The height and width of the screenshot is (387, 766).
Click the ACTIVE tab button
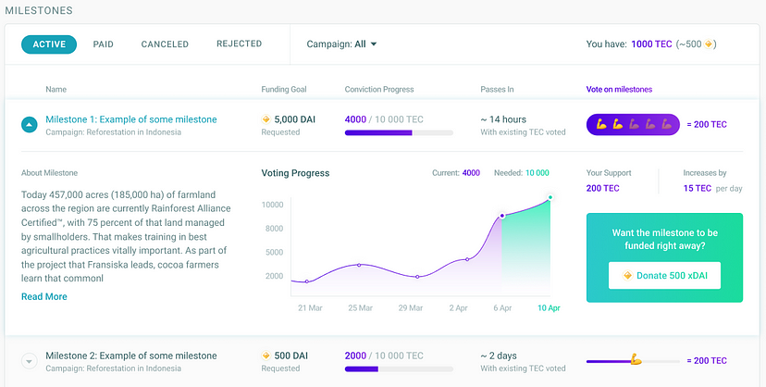pos(49,44)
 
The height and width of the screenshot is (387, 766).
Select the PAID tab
pos(104,44)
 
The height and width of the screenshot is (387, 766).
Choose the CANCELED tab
pos(165,44)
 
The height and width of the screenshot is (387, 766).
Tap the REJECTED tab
pos(239,44)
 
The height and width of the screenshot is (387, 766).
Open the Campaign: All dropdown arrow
pos(374,44)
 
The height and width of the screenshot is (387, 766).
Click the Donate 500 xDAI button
pos(664,275)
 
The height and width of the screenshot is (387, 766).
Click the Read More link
pos(44,296)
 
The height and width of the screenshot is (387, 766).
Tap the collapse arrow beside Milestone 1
pos(29,124)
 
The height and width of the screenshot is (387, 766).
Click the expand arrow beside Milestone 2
pos(29,361)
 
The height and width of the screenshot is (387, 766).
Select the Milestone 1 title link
pos(130,119)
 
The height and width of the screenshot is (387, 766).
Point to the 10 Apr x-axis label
pos(549,307)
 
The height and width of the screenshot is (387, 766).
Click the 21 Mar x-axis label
pos(309,307)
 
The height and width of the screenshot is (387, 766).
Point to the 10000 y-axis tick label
pos(271,205)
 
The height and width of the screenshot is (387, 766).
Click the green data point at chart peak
pos(550,197)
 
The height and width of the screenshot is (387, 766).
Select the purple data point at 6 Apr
pos(501,216)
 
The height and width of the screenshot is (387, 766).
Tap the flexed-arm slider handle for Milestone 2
pos(635,360)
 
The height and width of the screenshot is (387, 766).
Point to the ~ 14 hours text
pos(503,119)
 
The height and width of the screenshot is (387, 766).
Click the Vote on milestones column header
pos(619,90)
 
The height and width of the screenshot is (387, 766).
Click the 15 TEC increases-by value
pos(697,188)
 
